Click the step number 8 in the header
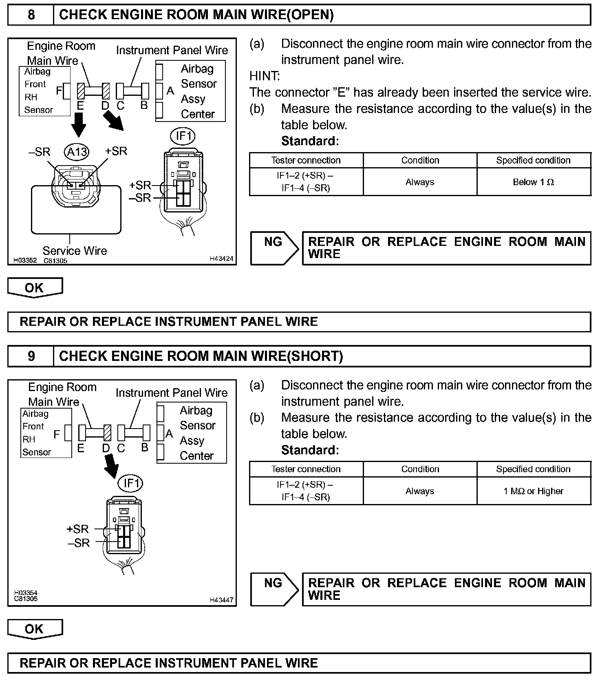click(31, 15)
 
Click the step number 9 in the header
click(31, 356)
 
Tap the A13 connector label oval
click(77, 152)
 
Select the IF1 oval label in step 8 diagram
click(183, 136)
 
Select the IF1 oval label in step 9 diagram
click(131, 483)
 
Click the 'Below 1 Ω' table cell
click(533, 182)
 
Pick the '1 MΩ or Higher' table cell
click(533, 491)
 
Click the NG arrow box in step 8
click(274, 248)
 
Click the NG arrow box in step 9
click(274, 589)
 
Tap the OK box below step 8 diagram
click(35, 287)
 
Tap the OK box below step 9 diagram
click(35, 629)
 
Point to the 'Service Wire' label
click(75, 250)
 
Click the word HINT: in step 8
click(265, 76)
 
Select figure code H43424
click(222, 258)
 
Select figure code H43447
click(222, 600)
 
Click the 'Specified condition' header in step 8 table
click(533, 160)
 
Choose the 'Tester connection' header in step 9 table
click(306, 469)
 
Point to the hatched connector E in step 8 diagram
click(80, 91)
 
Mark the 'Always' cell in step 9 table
click(420, 491)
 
